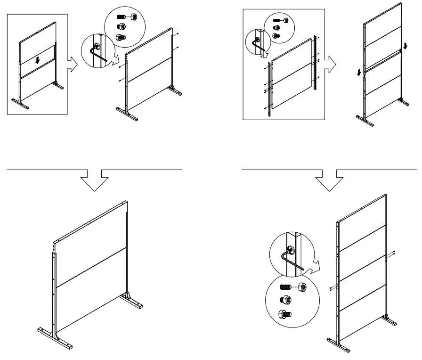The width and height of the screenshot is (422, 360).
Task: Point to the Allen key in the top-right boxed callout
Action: click(x=258, y=44)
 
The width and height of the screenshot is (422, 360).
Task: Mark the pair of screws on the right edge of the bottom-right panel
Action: click(x=393, y=253)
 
